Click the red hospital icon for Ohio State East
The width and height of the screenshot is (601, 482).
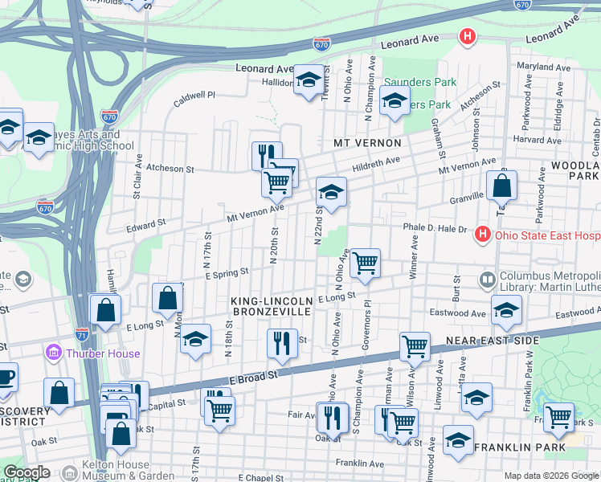pos(482,235)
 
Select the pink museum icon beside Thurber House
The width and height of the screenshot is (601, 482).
pos(53,353)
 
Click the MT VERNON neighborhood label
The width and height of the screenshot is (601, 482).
pos(367,142)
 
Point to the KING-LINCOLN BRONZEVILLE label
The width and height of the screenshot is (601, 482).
pos(271,305)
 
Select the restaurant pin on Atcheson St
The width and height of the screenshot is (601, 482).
pos(267,154)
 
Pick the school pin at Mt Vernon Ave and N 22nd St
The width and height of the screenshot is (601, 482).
pos(331,191)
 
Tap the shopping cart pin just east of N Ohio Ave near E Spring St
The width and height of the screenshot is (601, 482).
pos(366,262)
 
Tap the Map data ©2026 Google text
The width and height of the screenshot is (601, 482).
pos(551,476)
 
